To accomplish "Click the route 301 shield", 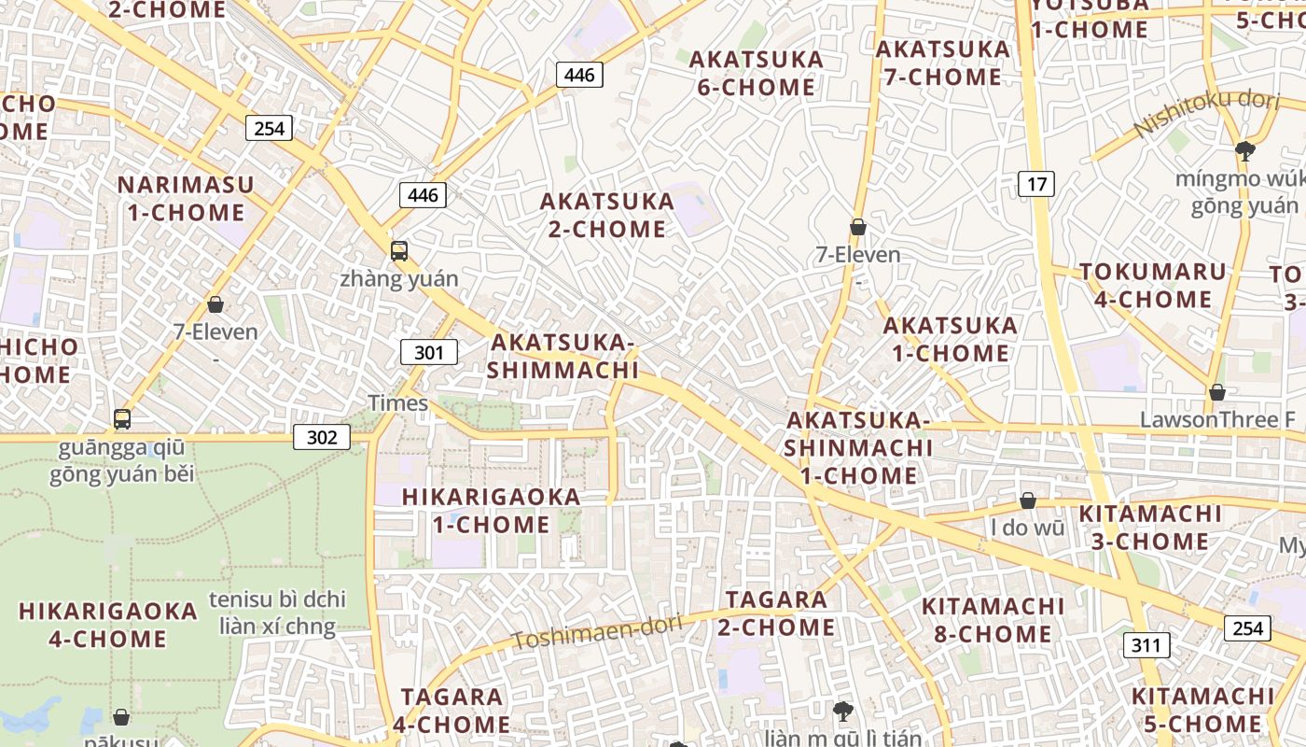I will [429, 352].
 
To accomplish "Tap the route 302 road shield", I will [322, 437].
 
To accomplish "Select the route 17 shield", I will [1036, 184].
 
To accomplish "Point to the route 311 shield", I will [1146, 644].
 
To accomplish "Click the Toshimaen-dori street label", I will [597, 632].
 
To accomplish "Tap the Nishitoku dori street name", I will [1207, 113].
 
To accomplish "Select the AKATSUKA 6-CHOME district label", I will [757, 74].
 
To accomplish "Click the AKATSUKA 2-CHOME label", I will [607, 215].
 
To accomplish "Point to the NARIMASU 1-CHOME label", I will [186, 198].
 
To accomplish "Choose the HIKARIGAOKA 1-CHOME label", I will [492, 510].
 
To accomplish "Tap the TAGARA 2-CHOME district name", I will [777, 613].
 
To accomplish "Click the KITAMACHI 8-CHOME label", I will [993, 620].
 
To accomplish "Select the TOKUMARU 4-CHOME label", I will [1153, 286].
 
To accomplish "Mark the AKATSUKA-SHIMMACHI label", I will [563, 356].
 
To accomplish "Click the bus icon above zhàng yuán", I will [399, 251].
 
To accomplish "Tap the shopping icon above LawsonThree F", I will [1217, 393].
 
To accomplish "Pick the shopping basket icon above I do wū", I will [1028, 501].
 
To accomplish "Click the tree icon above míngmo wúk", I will [1244, 150].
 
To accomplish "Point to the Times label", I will [398, 403].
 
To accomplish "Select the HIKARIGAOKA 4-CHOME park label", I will [108, 625].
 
